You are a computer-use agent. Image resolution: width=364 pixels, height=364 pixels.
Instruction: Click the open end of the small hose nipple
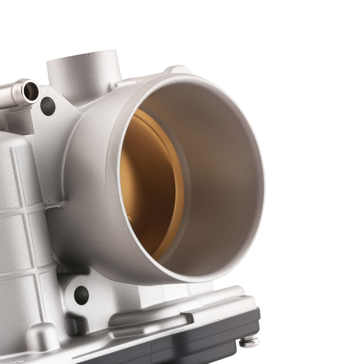[x=30, y=89]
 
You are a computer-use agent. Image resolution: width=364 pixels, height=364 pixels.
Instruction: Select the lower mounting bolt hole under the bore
[x=81, y=295]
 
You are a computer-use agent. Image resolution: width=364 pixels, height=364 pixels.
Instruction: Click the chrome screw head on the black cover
[x=249, y=341]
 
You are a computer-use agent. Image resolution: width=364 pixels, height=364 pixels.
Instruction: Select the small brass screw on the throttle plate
[x=130, y=218]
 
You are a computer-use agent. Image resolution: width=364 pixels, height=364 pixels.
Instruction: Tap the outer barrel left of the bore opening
[x=91, y=182]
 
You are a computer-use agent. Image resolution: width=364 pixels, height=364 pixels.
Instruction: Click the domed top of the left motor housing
[x=15, y=142]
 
